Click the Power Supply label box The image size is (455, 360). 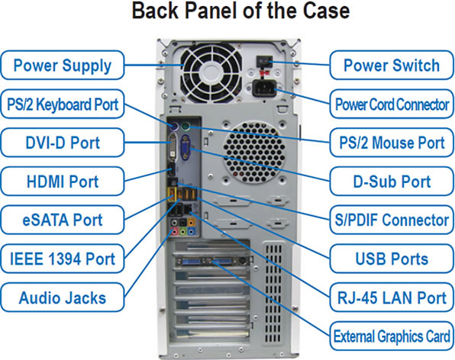tap(63, 66)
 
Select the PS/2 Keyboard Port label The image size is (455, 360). tap(63, 104)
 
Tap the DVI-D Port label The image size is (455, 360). tap(63, 143)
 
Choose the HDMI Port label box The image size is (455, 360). tap(63, 182)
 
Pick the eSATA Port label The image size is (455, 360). tap(63, 220)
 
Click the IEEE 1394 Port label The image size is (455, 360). tap(63, 259)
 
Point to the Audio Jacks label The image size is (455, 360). tap(63, 297)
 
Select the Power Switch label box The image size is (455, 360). tap(392, 66)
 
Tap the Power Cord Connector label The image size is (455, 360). tap(392, 104)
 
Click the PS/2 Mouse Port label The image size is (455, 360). tap(392, 143)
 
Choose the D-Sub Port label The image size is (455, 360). tap(392, 182)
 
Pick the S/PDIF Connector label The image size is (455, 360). tap(392, 220)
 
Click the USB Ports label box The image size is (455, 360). tap(392, 259)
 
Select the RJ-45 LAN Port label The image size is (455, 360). tap(392, 297)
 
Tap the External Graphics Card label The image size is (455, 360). tap(392, 336)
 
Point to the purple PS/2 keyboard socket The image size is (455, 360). tap(174, 126)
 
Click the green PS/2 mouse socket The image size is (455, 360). tap(185, 127)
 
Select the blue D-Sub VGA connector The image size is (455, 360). tap(186, 147)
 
